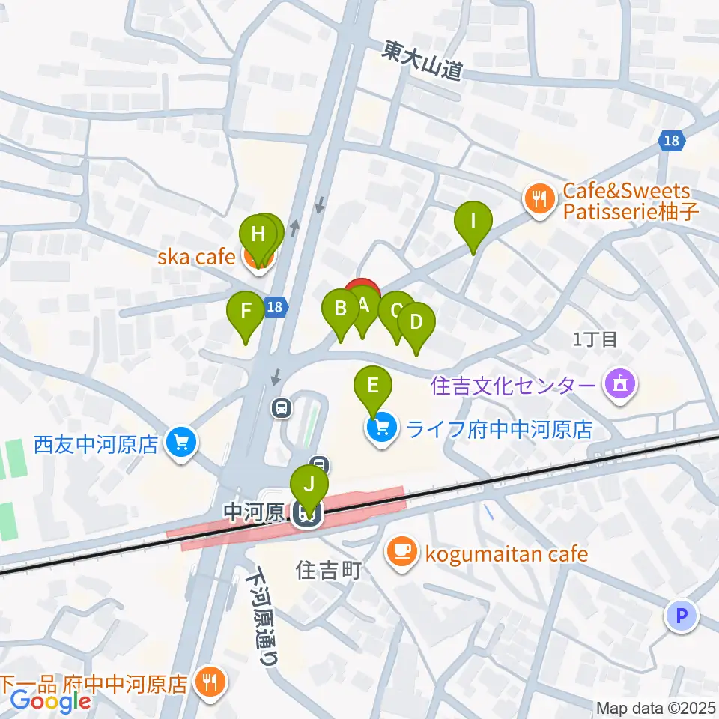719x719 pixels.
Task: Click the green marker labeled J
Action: point(309,485)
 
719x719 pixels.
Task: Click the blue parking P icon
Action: point(682,616)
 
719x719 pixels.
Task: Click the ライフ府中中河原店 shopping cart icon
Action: point(381,429)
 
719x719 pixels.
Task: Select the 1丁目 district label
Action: point(594,339)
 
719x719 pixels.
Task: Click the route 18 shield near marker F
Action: point(276,306)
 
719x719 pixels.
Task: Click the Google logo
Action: point(50,700)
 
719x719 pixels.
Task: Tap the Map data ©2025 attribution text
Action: point(655,707)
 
